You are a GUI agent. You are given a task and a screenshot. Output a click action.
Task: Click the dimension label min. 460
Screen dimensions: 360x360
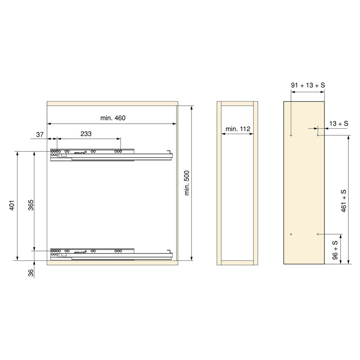[x=113, y=118]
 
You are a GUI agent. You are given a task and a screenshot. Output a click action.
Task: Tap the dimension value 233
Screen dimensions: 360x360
[x=86, y=134]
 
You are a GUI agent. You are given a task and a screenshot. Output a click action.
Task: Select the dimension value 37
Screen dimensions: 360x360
[x=40, y=135]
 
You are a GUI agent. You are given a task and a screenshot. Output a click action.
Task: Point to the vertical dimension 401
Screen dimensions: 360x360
[x=12, y=205]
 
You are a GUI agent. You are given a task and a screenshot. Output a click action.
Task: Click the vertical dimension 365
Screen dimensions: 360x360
[x=31, y=205]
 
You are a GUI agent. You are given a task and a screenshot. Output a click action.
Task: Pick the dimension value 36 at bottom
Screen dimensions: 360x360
[x=31, y=273]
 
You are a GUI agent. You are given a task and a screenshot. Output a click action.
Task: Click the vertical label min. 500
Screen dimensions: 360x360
[x=187, y=183]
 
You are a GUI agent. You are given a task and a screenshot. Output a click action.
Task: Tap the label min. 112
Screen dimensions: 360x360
[x=238, y=129]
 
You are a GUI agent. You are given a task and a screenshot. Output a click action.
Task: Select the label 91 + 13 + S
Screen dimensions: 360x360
[x=308, y=85]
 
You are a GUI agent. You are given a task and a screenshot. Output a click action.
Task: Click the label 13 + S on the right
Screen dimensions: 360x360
[x=339, y=123]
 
